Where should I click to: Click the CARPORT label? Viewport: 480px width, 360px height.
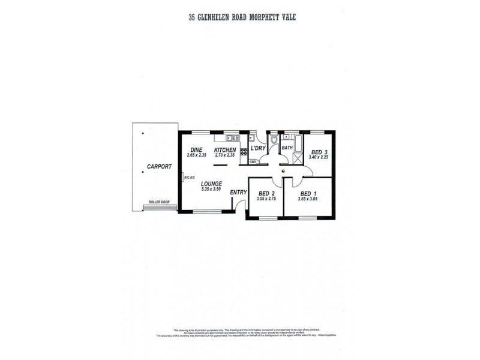[159, 166]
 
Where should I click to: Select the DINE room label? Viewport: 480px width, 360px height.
[196, 149]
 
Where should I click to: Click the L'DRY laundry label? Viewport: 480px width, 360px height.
[258, 148]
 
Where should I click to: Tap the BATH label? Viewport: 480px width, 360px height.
[287, 148]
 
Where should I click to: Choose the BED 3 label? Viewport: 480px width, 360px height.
[319, 152]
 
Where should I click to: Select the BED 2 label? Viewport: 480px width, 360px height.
[265, 193]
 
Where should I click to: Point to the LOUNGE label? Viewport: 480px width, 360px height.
[212, 184]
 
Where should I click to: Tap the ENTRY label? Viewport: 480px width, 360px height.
[238, 192]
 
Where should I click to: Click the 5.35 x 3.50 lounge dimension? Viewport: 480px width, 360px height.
[212, 190]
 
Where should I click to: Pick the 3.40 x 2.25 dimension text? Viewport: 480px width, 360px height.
[319, 157]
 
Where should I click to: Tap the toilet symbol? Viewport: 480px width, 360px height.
[274, 140]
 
